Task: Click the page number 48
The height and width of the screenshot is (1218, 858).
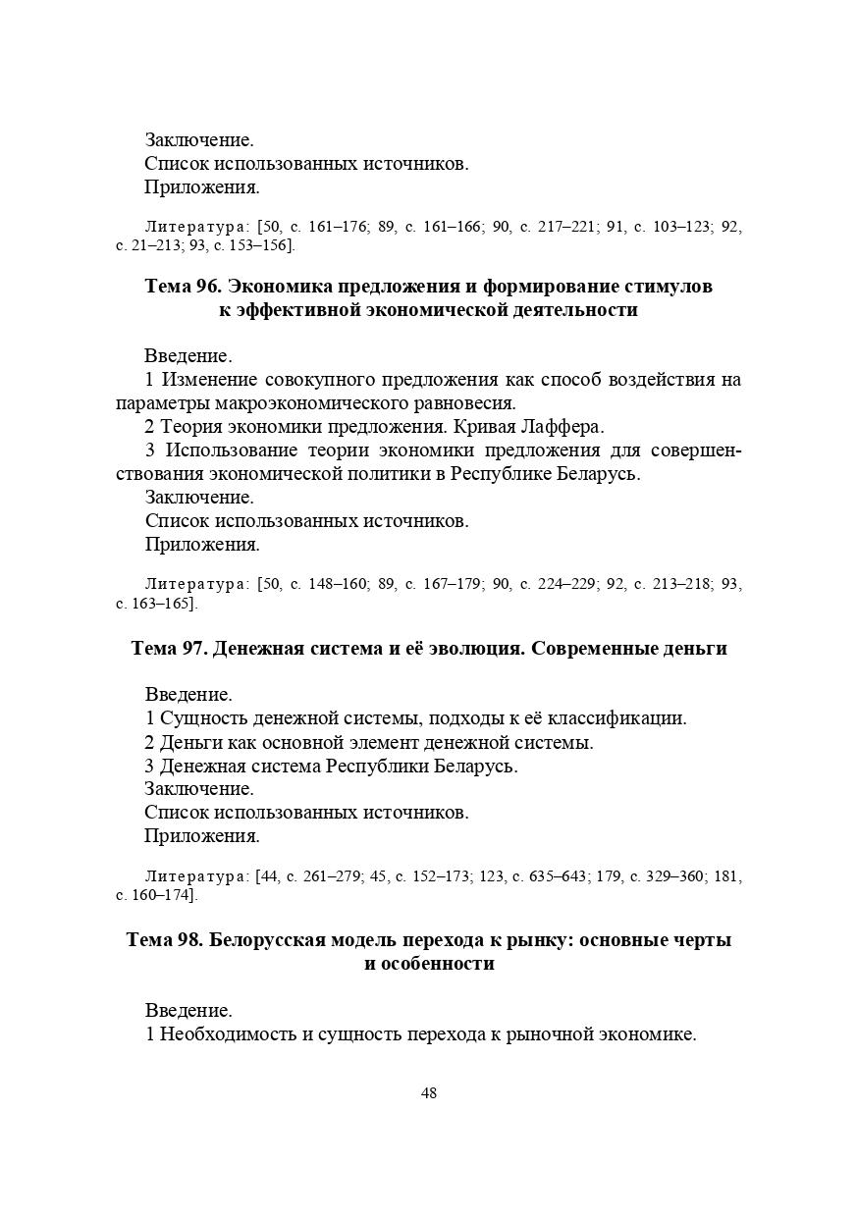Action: tap(429, 1093)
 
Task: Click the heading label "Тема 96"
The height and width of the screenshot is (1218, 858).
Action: tap(183, 287)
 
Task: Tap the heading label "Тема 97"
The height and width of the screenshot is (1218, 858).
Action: tap(169, 649)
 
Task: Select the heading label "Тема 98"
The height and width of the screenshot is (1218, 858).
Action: tap(164, 940)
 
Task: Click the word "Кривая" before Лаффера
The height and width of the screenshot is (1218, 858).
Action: tap(497, 427)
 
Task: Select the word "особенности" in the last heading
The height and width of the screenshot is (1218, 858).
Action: tap(429, 964)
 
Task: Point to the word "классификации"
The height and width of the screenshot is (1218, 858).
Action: tap(620, 718)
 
